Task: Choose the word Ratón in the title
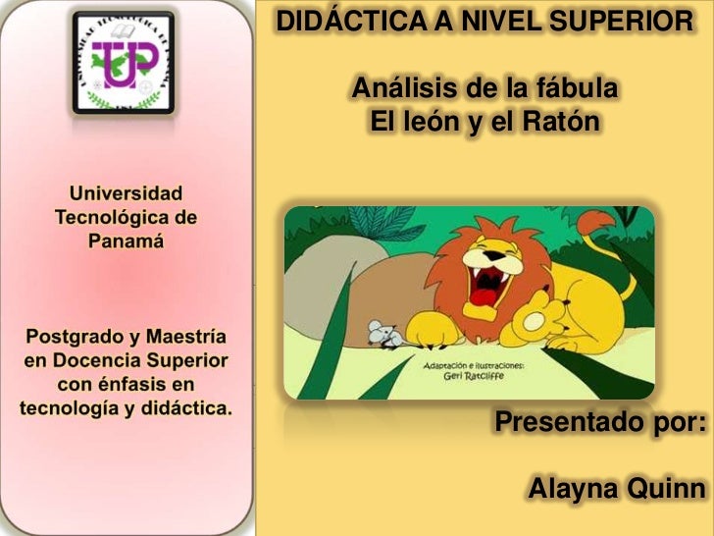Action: pos(562,124)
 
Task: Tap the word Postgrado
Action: pos(76,336)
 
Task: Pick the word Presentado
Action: pos(556,423)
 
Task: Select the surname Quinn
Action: pos(669,489)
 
